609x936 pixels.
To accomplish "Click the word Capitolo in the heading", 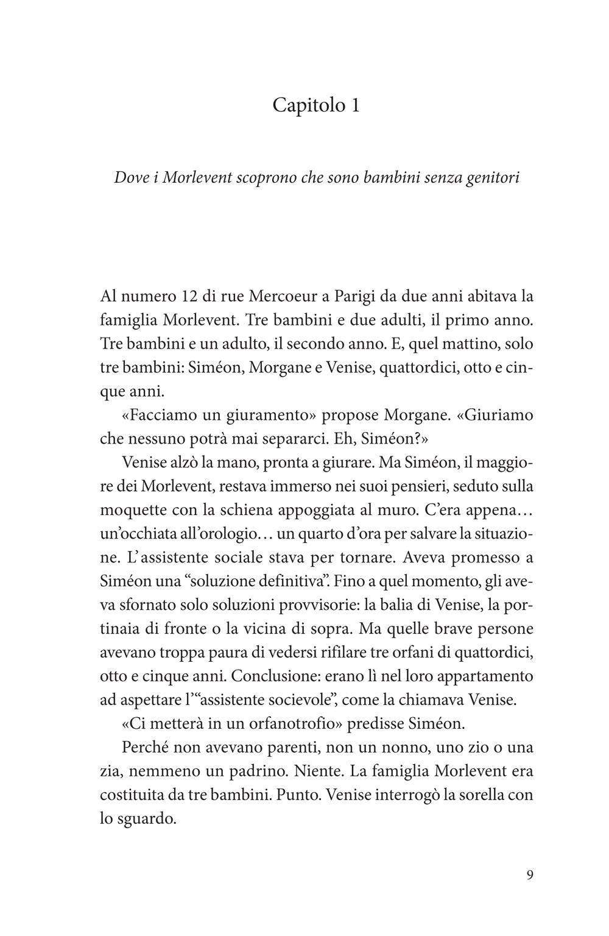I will pos(303,105).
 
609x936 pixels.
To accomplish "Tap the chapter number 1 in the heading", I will pos(354,105).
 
